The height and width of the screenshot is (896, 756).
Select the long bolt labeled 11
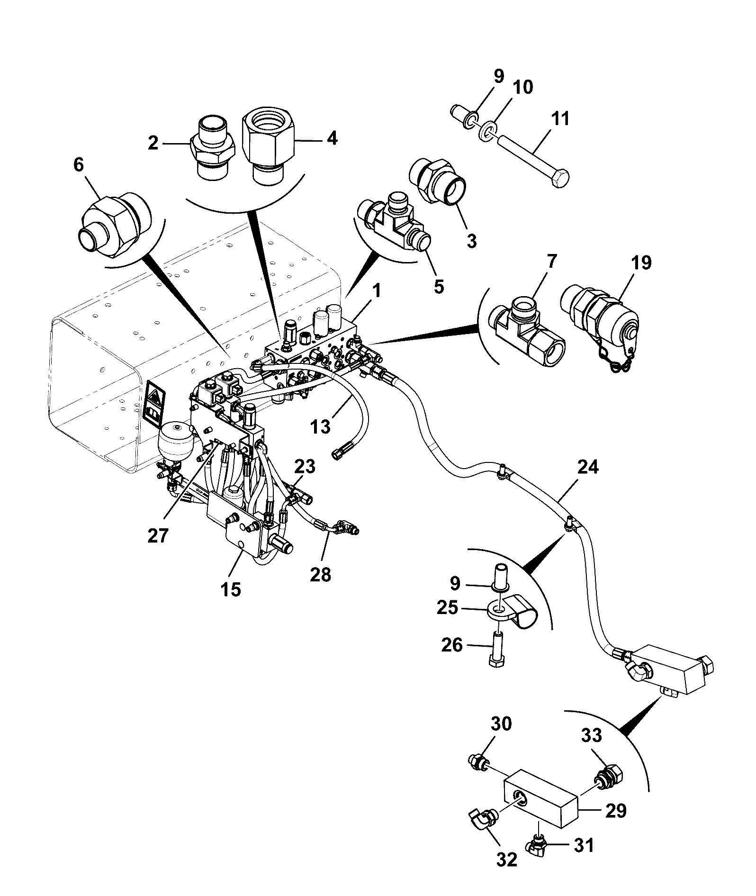point(535,160)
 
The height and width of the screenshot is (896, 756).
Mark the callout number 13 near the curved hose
point(320,426)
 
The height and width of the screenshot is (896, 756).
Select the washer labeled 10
point(488,131)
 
